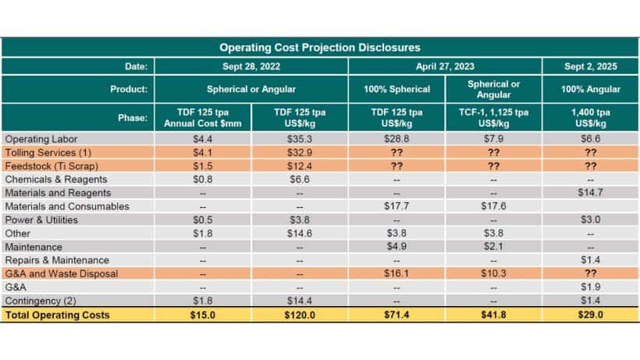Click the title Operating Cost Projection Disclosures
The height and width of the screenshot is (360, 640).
pyautogui.click(x=320, y=48)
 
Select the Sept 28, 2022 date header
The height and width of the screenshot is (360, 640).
pyautogui.click(x=251, y=66)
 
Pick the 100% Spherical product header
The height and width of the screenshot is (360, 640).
pyautogui.click(x=398, y=88)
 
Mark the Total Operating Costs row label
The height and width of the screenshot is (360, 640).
pyautogui.click(x=57, y=314)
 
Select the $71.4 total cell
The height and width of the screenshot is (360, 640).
pyautogui.click(x=398, y=314)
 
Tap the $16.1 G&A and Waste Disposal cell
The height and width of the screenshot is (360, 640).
pyautogui.click(x=398, y=273)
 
